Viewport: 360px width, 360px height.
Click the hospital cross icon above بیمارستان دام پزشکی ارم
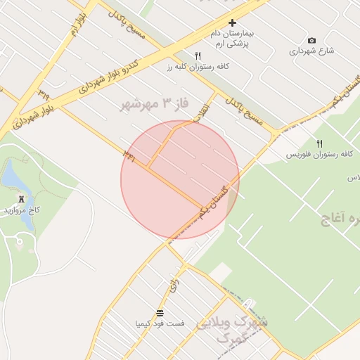coord(233,23)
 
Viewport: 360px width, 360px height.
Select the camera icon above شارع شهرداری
coord(311,41)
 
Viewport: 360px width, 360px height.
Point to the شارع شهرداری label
coord(311,51)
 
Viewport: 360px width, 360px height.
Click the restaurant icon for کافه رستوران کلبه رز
coord(198,56)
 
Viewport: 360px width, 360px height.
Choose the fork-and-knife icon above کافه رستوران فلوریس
coord(319,143)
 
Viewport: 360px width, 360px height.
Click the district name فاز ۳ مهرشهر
coord(155,104)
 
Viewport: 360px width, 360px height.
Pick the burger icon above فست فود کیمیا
coord(160,313)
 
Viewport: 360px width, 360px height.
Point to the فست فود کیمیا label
coord(160,323)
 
